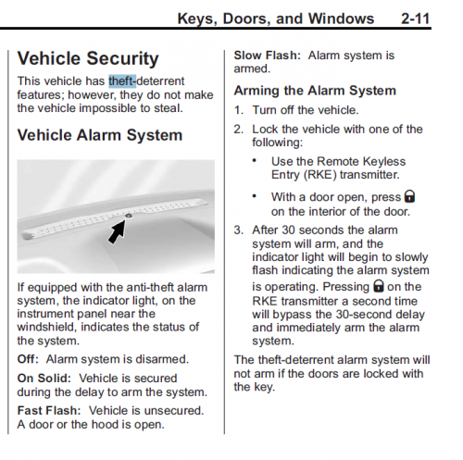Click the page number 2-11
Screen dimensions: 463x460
(x=416, y=19)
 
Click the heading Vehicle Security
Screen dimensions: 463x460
(x=88, y=58)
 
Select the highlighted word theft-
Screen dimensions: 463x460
(x=122, y=81)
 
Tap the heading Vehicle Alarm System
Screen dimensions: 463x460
(x=100, y=135)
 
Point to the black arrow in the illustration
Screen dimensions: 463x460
(x=118, y=230)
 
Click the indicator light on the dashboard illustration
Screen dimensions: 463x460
(x=129, y=216)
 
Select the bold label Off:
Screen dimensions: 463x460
(x=28, y=359)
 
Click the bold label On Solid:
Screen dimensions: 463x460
(x=44, y=379)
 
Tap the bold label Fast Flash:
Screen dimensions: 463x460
(x=49, y=411)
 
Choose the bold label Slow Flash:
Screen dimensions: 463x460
(x=268, y=56)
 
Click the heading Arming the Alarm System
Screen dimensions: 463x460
(x=315, y=91)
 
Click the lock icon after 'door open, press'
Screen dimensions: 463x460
(x=410, y=196)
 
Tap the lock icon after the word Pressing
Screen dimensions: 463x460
(x=379, y=286)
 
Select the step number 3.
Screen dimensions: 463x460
(x=238, y=230)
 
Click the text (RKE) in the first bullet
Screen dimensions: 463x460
(x=320, y=175)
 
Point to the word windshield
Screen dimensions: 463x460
(x=46, y=327)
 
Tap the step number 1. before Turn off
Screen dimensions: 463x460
(x=238, y=110)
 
